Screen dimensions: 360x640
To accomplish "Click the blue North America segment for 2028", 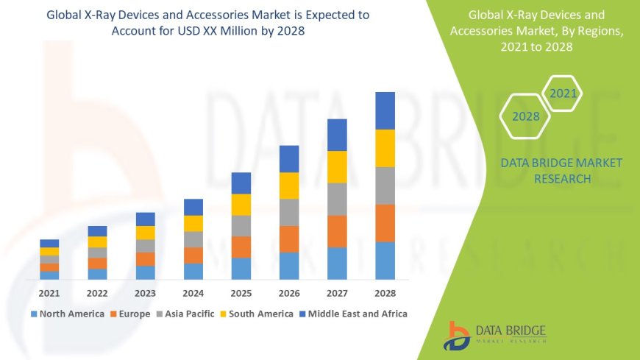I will point(385,260).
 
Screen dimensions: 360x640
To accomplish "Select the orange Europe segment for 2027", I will point(337,231).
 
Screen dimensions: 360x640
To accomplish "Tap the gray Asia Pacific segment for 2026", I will point(289,212).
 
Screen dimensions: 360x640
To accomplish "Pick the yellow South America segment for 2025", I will point(241,205).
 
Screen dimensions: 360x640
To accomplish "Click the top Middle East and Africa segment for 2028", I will point(385,110).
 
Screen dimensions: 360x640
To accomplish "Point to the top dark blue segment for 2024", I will point(193,207).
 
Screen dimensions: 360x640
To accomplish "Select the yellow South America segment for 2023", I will point(146,233).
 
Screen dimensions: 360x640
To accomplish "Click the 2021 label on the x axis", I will point(49,293).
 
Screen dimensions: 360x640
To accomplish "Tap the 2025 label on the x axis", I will point(241,293).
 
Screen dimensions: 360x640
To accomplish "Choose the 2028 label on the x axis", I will point(385,293).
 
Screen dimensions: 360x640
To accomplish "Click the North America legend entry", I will point(67,314).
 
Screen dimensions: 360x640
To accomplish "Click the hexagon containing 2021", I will point(563,93).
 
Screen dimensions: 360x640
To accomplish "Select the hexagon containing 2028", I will point(526,116).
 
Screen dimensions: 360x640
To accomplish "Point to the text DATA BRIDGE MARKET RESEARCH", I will point(561,171).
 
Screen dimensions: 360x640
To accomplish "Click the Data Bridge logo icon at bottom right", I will point(457,335).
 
